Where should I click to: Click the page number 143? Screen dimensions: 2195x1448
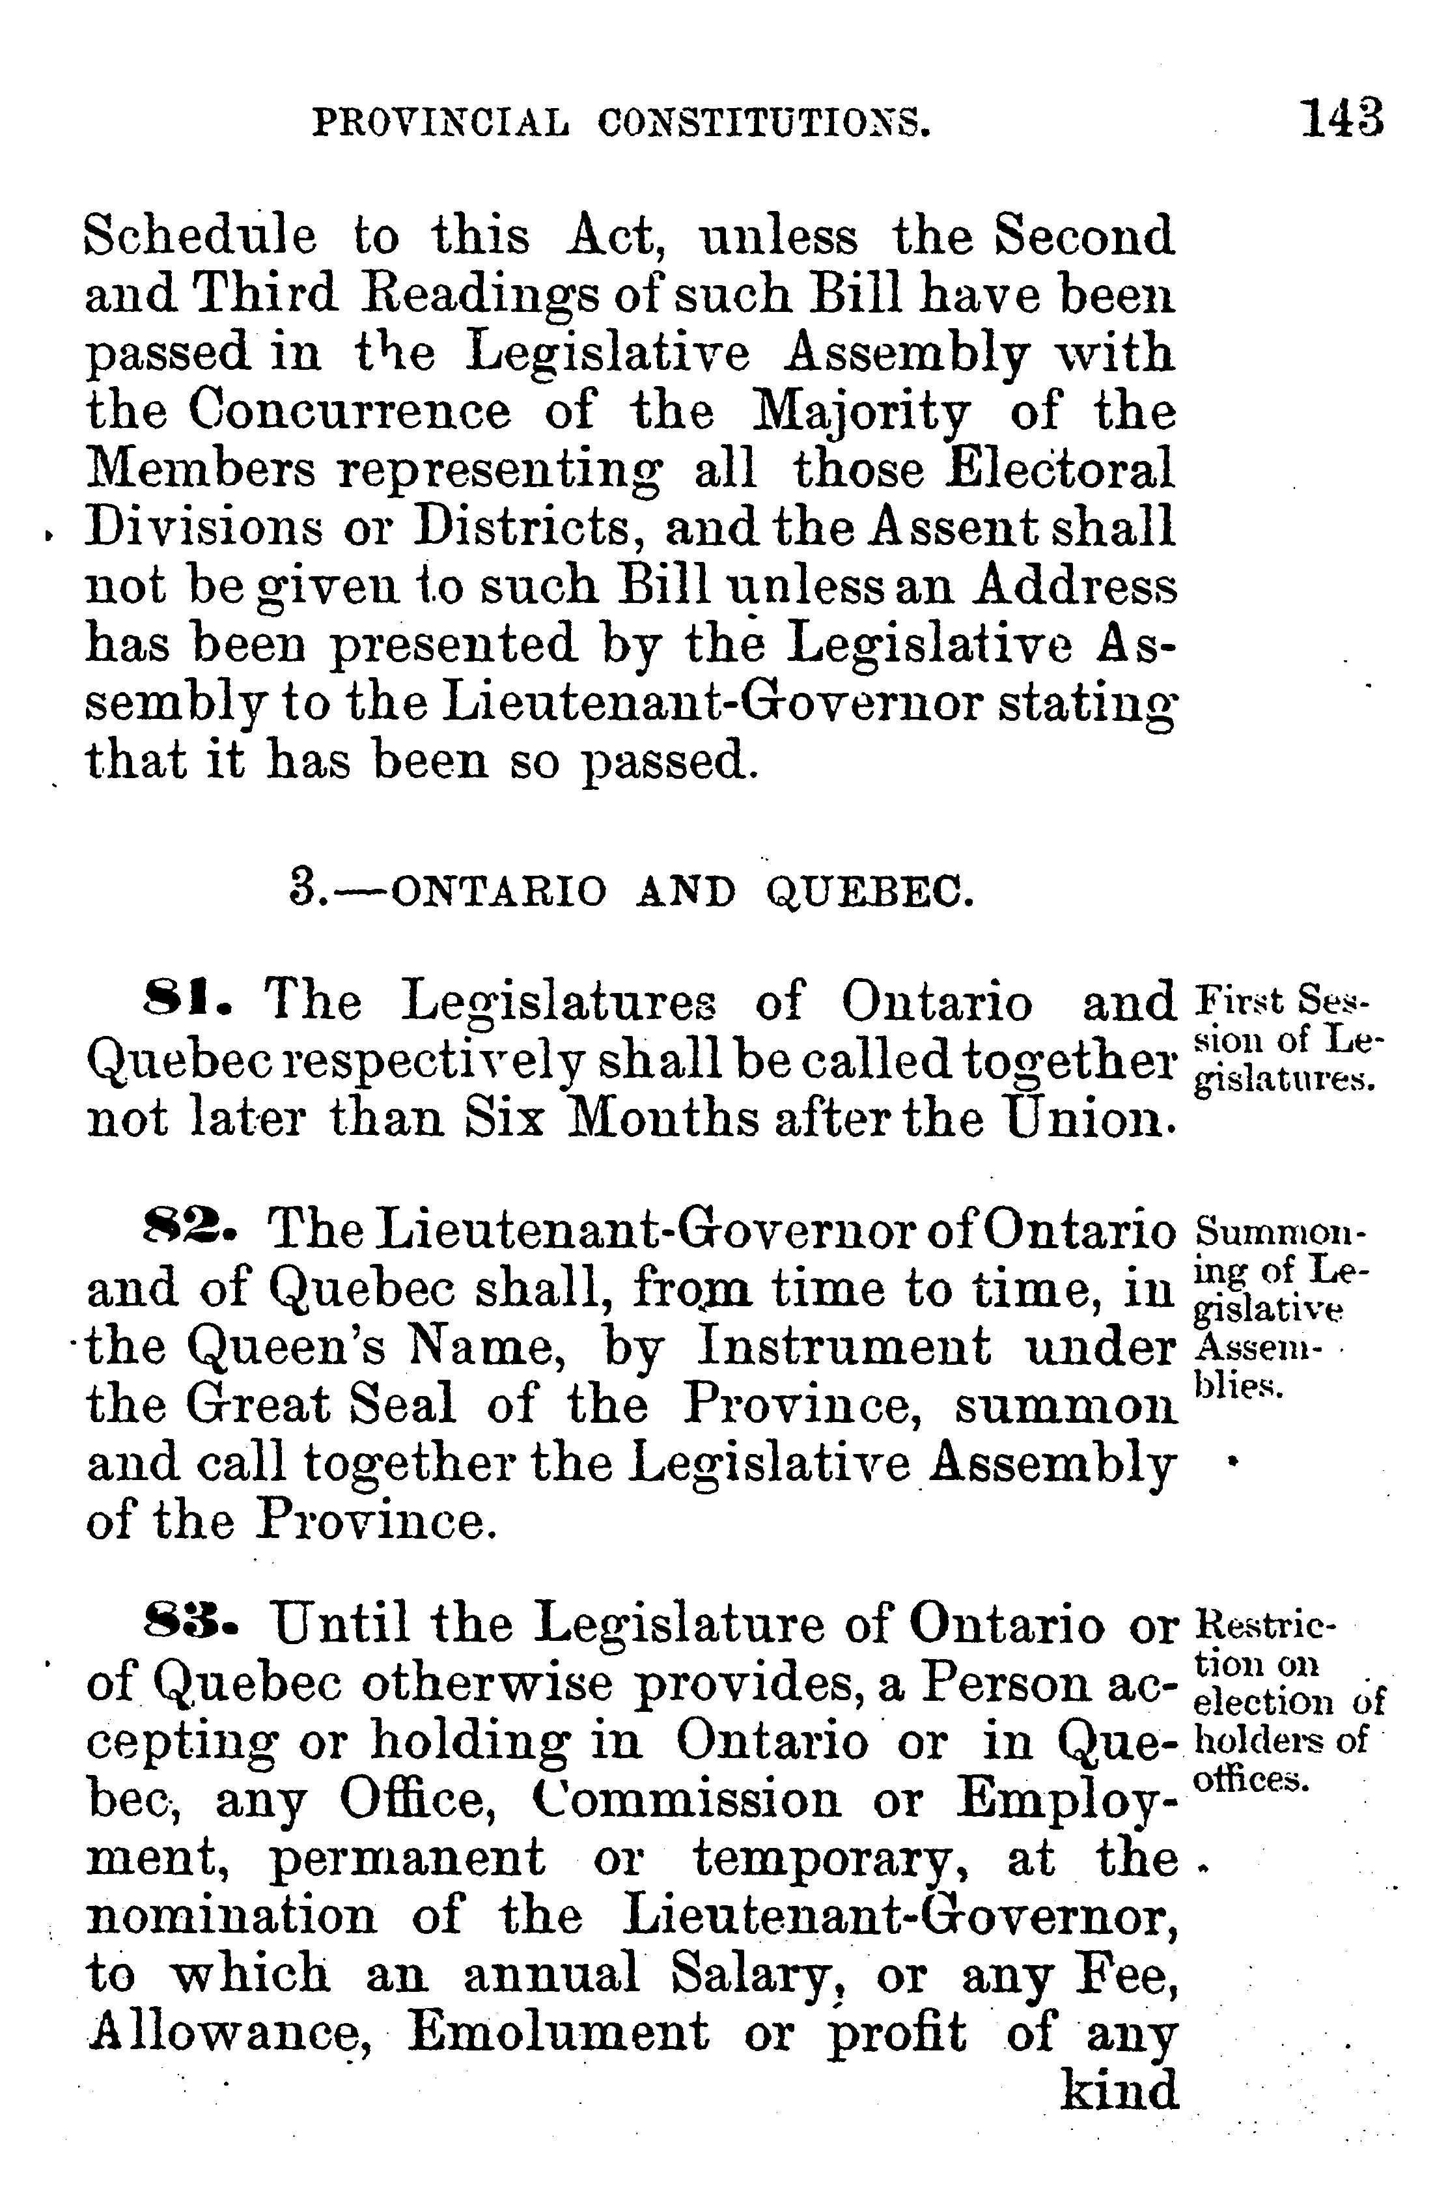[1342, 119]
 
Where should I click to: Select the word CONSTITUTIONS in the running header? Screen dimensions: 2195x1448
[763, 123]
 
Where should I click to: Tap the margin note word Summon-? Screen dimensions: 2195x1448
[1279, 1233]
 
